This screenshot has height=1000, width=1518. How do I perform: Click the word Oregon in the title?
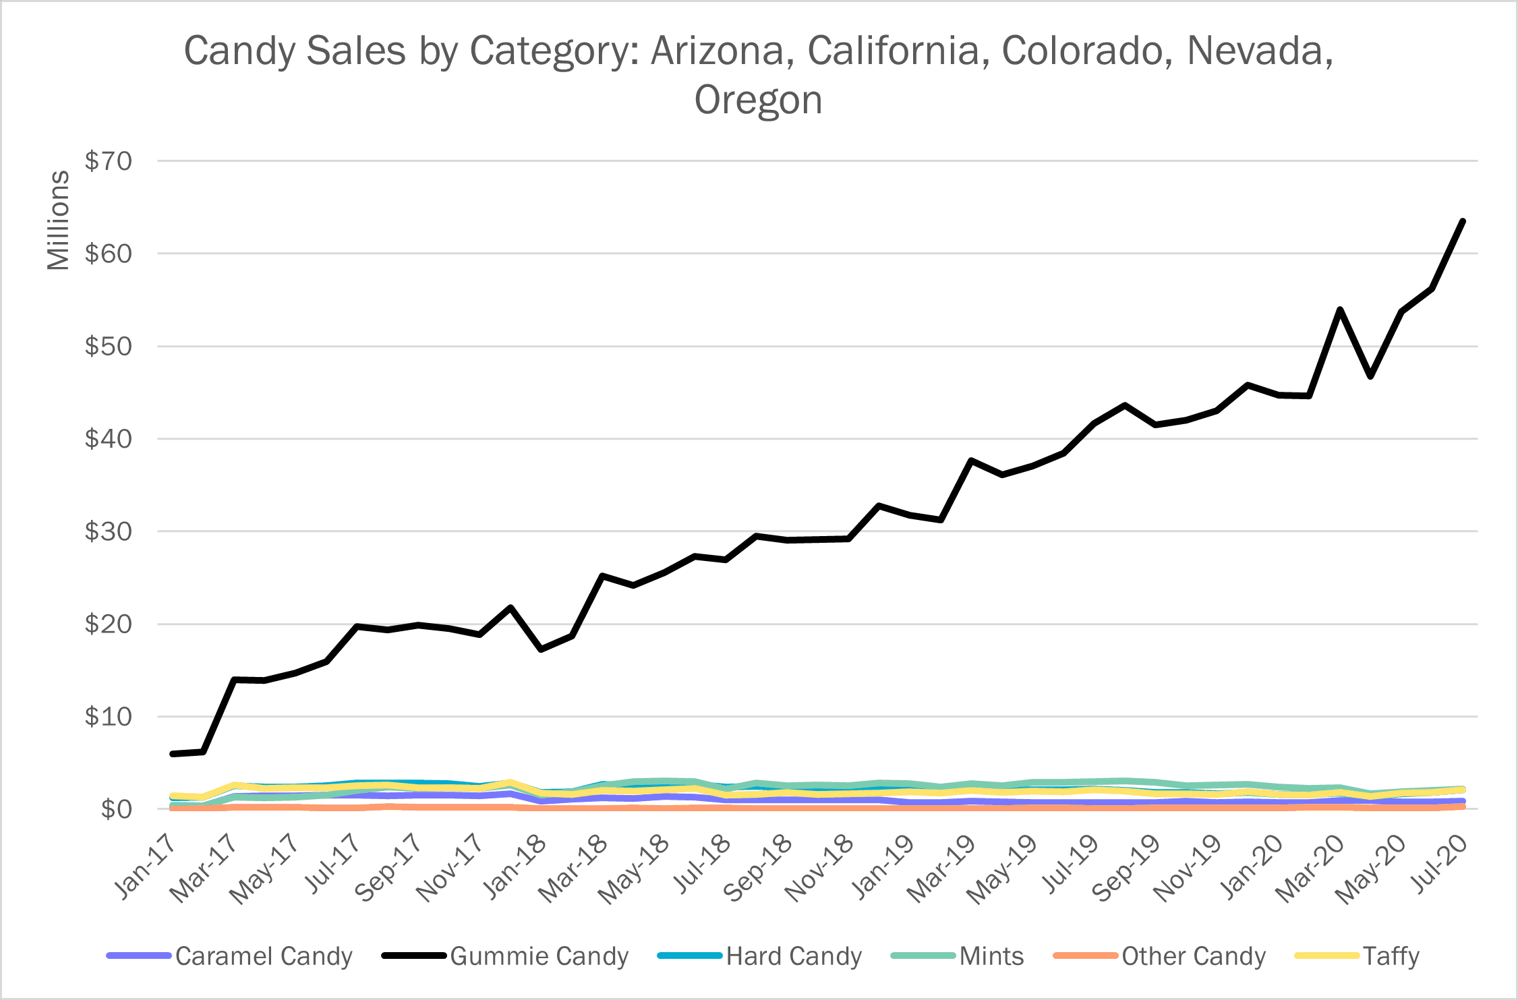point(758,100)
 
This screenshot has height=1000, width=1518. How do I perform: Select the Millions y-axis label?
point(59,220)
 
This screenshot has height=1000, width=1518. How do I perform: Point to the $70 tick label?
point(108,161)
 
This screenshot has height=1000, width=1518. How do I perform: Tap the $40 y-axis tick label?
point(108,439)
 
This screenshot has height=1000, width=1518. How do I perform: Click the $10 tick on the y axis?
point(108,717)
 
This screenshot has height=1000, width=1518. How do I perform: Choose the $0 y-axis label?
point(116,809)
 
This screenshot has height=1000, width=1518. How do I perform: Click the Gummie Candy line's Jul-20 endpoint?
point(1462,221)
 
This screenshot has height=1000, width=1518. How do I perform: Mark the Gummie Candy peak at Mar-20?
point(1340,310)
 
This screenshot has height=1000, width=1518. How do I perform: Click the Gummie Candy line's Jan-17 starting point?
point(173,754)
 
